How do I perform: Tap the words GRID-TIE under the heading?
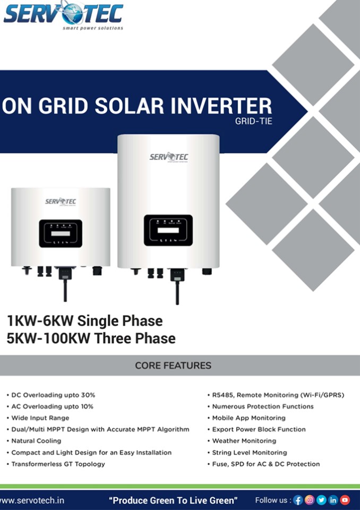point(253,121)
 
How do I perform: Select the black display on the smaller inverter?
point(61,234)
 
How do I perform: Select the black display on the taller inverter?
point(168,230)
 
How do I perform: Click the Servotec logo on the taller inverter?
point(169,157)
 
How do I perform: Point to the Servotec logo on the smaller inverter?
point(61,201)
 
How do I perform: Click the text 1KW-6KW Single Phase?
point(85,321)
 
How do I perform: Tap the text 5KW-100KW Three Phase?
point(91,338)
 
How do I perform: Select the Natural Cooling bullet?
point(36,441)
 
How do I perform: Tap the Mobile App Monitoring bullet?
point(248,418)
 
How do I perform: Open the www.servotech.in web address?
point(32,500)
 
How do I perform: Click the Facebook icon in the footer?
point(298,500)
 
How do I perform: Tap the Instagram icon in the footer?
point(310,500)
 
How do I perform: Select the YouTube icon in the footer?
point(345,500)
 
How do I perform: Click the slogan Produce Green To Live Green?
point(173,500)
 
